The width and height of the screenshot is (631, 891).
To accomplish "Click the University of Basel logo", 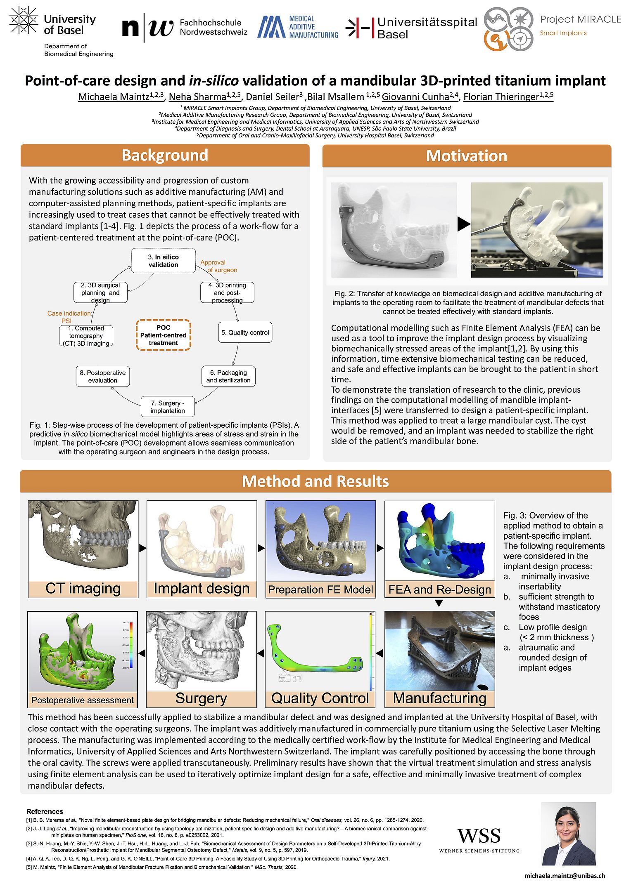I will pyautogui.click(x=53, y=25).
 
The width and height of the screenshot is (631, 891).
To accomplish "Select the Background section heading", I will pyautogui.click(x=165, y=156).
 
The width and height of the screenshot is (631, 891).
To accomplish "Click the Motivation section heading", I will pyautogui.click(x=466, y=156).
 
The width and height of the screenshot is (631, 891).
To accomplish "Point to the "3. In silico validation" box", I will pyautogui.click(x=163, y=261).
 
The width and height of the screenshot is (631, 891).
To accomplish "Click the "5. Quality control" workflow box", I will pyautogui.click(x=245, y=332).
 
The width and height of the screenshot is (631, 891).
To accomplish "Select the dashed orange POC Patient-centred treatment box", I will pyautogui.click(x=163, y=335).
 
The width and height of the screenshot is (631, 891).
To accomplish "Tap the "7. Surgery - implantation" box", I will pyautogui.click(x=167, y=407).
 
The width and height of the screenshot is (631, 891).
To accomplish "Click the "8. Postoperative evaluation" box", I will pyautogui.click(x=102, y=376).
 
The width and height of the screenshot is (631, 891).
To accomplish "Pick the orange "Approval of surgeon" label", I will pyautogui.click(x=218, y=266).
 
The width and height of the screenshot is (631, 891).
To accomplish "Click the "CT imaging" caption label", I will pyautogui.click(x=83, y=589).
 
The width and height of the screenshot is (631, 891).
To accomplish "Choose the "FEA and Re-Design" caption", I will pyautogui.click(x=439, y=589).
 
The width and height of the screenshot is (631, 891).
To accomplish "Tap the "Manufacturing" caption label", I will pyautogui.click(x=439, y=698).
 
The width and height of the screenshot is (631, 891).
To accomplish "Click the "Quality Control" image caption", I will pyautogui.click(x=320, y=698).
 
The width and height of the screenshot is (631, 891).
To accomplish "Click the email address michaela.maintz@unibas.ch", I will pyautogui.click(x=565, y=875).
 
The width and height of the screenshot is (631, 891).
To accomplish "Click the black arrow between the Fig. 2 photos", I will pyautogui.click(x=464, y=224).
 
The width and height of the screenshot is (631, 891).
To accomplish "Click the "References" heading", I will pyautogui.click(x=45, y=811).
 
